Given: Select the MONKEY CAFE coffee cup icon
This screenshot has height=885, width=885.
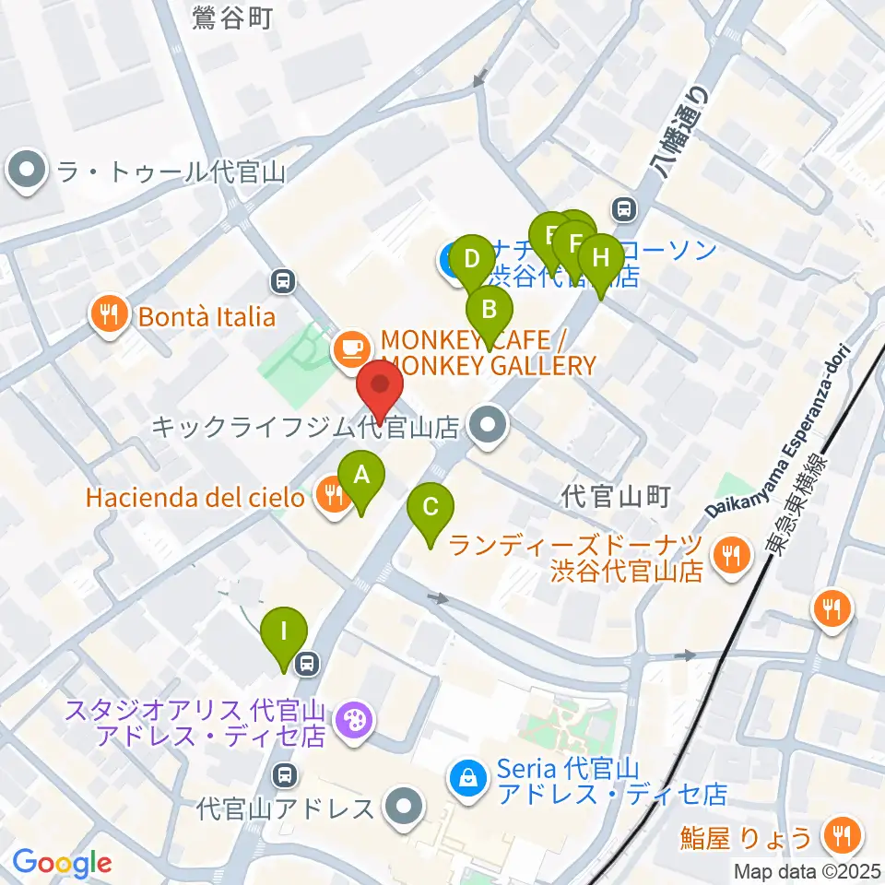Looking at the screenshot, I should (351, 348).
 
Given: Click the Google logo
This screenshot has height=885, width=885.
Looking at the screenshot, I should (62, 863).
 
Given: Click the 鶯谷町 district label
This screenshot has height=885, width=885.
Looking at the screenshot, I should (233, 18).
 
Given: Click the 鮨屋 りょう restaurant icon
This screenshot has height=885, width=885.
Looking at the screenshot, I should (843, 836).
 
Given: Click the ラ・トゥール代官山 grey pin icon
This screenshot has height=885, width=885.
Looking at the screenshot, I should (26, 171).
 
